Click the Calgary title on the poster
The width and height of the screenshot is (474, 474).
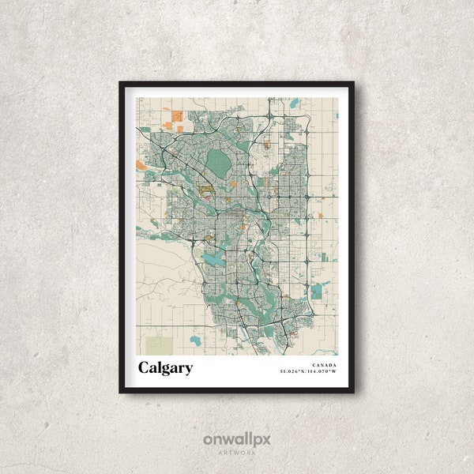pos(165,368)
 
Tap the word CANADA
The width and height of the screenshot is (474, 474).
pos(324,365)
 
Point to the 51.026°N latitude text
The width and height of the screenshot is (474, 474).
pos(294,371)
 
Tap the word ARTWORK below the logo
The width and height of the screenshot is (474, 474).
pos(237,453)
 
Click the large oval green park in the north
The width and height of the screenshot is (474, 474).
pos(217,164)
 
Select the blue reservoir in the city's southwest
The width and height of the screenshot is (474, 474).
pos(213,258)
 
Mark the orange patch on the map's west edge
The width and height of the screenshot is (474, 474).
pos(141,164)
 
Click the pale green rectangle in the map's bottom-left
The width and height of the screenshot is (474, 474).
pos(158,344)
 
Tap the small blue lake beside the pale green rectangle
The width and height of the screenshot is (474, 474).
pos(195,341)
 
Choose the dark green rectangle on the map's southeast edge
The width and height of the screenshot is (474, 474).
pos(317,292)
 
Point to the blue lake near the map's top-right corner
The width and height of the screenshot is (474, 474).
pos(294,103)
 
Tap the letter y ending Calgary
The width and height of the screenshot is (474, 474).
pos(188,370)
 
